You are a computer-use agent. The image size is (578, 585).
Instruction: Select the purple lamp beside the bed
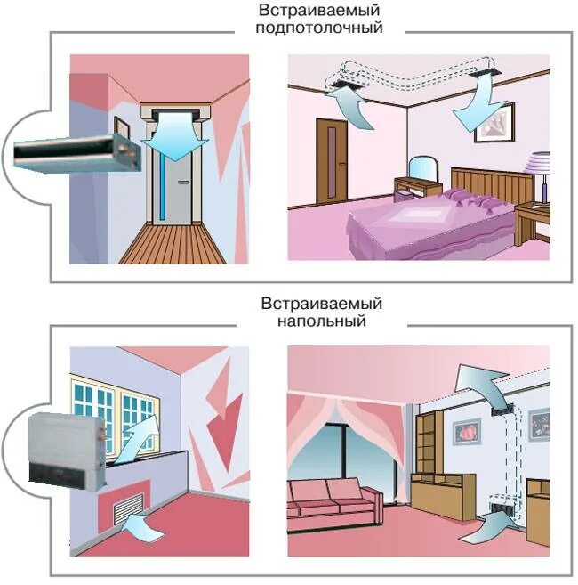click(x=538, y=174)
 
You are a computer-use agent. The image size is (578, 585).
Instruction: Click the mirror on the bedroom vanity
click(x=422, y=168)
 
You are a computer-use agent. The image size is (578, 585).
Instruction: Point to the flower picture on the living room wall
click(x=468, y=432)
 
